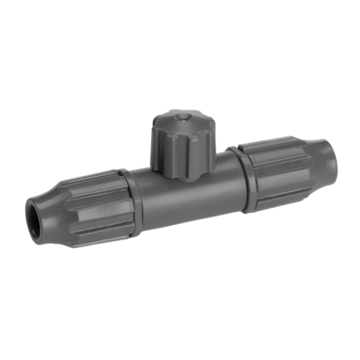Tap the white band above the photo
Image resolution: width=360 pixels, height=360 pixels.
coord(180,40)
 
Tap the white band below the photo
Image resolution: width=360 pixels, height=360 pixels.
coord(180,319)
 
